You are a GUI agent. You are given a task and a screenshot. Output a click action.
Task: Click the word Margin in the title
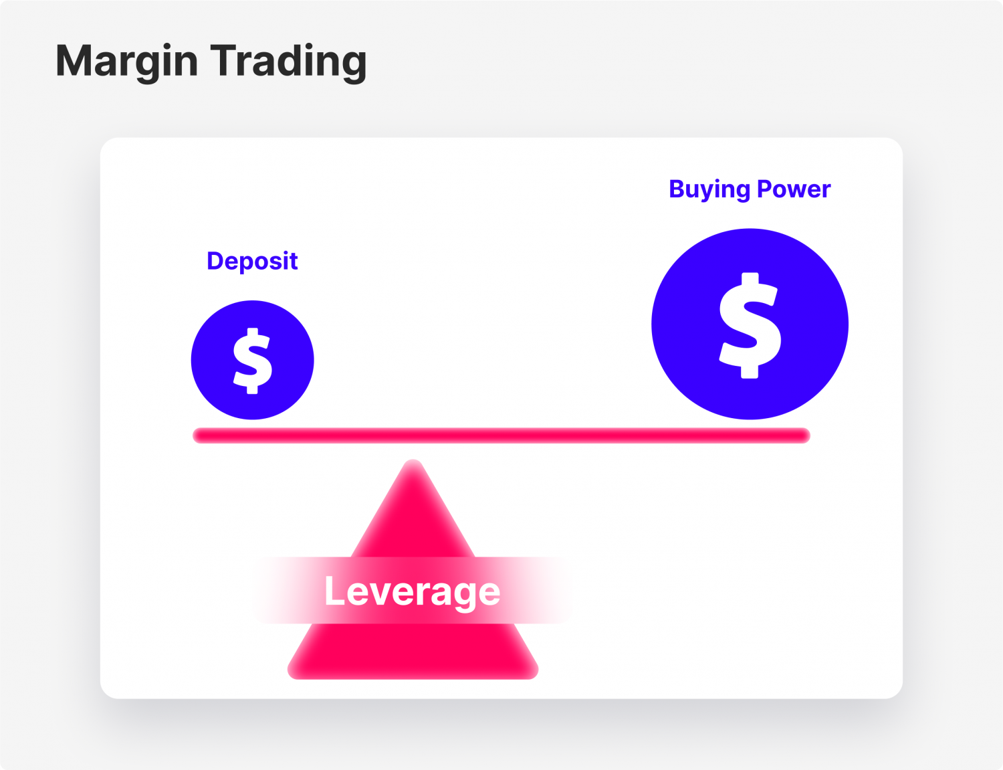click(x=127, y=62)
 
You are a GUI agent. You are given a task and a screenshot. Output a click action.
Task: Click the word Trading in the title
click(x=289, y=62)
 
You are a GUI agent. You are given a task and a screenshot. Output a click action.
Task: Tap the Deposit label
click(x=252, y=261)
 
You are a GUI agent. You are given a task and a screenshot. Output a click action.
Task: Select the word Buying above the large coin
click(x=709, y=189)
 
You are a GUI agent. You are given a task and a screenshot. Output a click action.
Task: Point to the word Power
click(x=794, y=189)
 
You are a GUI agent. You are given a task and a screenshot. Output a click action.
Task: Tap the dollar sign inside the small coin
click(x=253, y=361)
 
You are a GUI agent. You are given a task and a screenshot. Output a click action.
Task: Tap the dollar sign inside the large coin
click(x=750, y=325)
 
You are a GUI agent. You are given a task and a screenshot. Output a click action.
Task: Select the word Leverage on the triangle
click(x=412, y=591)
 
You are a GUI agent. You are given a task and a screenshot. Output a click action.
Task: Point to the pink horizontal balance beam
click(x=501, y=436)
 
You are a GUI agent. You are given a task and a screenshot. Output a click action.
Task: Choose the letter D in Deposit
click(x=215, y=261)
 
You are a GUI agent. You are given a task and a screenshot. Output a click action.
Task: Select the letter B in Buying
click(x=677, y=189)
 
